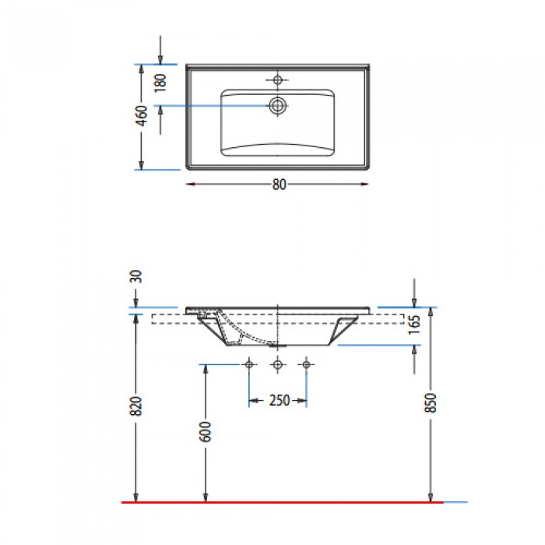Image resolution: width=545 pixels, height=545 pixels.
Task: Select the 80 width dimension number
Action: point(278,185)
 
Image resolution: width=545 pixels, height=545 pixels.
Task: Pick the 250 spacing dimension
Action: point(278,400)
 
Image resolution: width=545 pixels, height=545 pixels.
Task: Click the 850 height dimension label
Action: point(431,402)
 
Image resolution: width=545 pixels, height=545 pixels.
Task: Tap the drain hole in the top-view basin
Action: point(277,106)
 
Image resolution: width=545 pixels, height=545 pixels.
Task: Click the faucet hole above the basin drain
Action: point(277,79)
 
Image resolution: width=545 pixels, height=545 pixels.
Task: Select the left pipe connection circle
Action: point(249,364)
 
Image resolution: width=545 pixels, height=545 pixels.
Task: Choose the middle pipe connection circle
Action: point(277,364)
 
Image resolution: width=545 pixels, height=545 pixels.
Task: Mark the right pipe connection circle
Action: point(306,364)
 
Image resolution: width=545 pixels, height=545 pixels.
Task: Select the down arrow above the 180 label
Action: point(160,59)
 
